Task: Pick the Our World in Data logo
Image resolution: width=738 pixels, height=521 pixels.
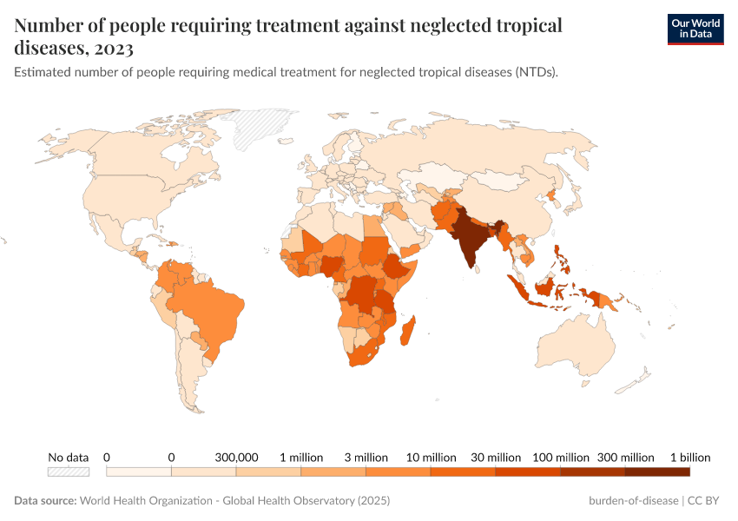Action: pos(695,29)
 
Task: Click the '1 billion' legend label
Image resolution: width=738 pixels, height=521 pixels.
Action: pos(689,457)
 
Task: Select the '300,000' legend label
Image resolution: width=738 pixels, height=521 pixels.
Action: pos(236,457)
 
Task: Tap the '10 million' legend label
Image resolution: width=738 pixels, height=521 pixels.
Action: pos(432,457)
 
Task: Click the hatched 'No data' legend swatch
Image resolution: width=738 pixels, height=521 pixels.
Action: pos(69,472)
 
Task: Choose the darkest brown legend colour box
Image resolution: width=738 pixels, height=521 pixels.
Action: pos(657,472)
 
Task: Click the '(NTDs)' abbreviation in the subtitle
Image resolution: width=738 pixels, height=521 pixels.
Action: pos(534,73)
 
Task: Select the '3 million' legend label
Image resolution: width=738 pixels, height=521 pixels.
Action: pos(366,457)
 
